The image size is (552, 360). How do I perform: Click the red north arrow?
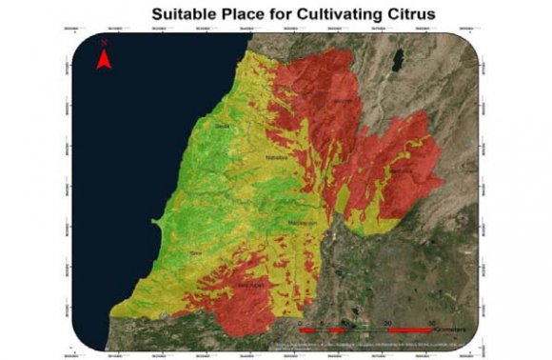click(x=106, y=61)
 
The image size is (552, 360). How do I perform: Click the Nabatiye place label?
click(x=276, y=157)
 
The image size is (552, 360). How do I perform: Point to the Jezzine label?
click(x=344, y=101)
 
